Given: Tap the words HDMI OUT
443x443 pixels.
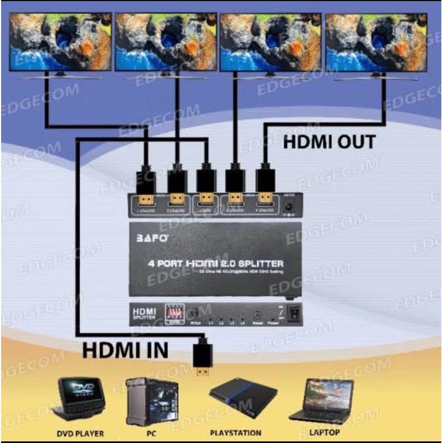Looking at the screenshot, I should coord(329,142).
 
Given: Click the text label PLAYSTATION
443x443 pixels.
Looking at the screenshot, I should coord(236,432).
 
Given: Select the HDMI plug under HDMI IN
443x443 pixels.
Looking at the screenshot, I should coord(203,360).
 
